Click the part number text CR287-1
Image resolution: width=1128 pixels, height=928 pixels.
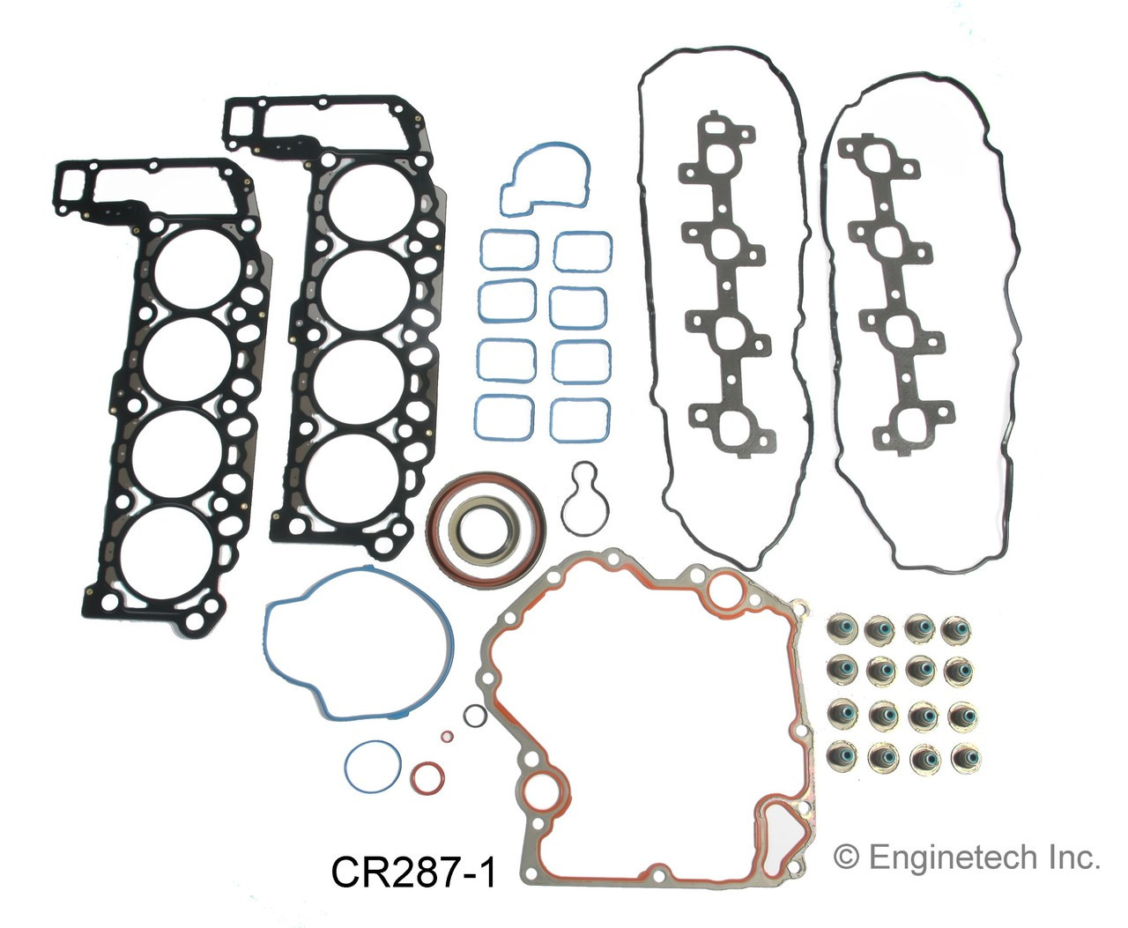(x=413, y=872)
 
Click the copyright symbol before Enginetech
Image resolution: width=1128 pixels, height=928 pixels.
(x=845, y=857)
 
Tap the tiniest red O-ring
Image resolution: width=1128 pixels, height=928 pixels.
(x=448, y=736)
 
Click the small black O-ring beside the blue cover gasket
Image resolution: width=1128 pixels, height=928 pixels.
(x=475, y=716)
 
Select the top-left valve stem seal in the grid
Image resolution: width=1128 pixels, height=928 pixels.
(x=840, y=629)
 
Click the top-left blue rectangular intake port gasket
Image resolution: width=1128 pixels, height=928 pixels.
(x=508, y=249)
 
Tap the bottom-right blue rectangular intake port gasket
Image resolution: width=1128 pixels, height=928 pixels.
(x=580, y=419)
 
